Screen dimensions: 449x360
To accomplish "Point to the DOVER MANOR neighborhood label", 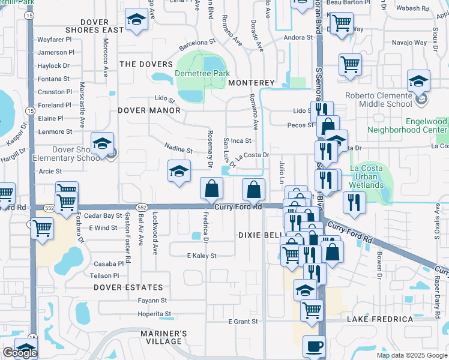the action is pos(149,110).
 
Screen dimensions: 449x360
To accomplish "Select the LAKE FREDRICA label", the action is pos(380,319).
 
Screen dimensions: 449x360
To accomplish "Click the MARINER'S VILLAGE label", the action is pos(164,338).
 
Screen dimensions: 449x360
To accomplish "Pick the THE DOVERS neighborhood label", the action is pos(146,64).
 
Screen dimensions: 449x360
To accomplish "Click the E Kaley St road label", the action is pos(202,256).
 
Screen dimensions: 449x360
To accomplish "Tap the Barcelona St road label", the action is pos(196,43).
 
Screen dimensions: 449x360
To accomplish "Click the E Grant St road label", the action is pos(243,322).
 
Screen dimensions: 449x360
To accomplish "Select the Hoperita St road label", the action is pos(154,314).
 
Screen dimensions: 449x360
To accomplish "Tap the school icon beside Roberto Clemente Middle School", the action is pos(418,81).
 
